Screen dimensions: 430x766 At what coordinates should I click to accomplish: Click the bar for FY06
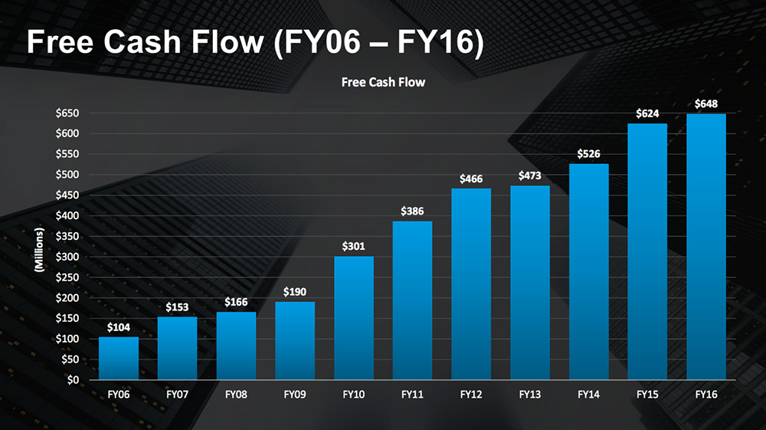click(119, 358)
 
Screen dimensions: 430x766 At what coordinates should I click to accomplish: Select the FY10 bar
click(354, 318)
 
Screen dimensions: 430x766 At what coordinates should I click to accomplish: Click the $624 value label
click(647, 113)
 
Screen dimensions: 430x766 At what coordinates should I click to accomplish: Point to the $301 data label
click(354, 246)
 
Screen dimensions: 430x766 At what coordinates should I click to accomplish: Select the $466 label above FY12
click(471, 179)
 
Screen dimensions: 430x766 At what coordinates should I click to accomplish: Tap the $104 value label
click(119, 327)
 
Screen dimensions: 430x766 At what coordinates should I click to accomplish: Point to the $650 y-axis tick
click(68, 113)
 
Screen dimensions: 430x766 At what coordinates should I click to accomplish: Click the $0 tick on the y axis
click(74, 379)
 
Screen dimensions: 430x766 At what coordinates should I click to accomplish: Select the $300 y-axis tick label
click(68, 256)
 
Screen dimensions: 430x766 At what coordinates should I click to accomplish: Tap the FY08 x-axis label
click(236, 396)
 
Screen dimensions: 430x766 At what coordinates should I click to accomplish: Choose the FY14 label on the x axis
click(588, 396)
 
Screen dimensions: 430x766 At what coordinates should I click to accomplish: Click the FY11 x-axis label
click(412, 396)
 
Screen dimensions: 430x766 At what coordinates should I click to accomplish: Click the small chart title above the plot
click(383, 82)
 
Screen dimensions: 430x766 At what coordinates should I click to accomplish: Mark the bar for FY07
click(178, 348)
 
